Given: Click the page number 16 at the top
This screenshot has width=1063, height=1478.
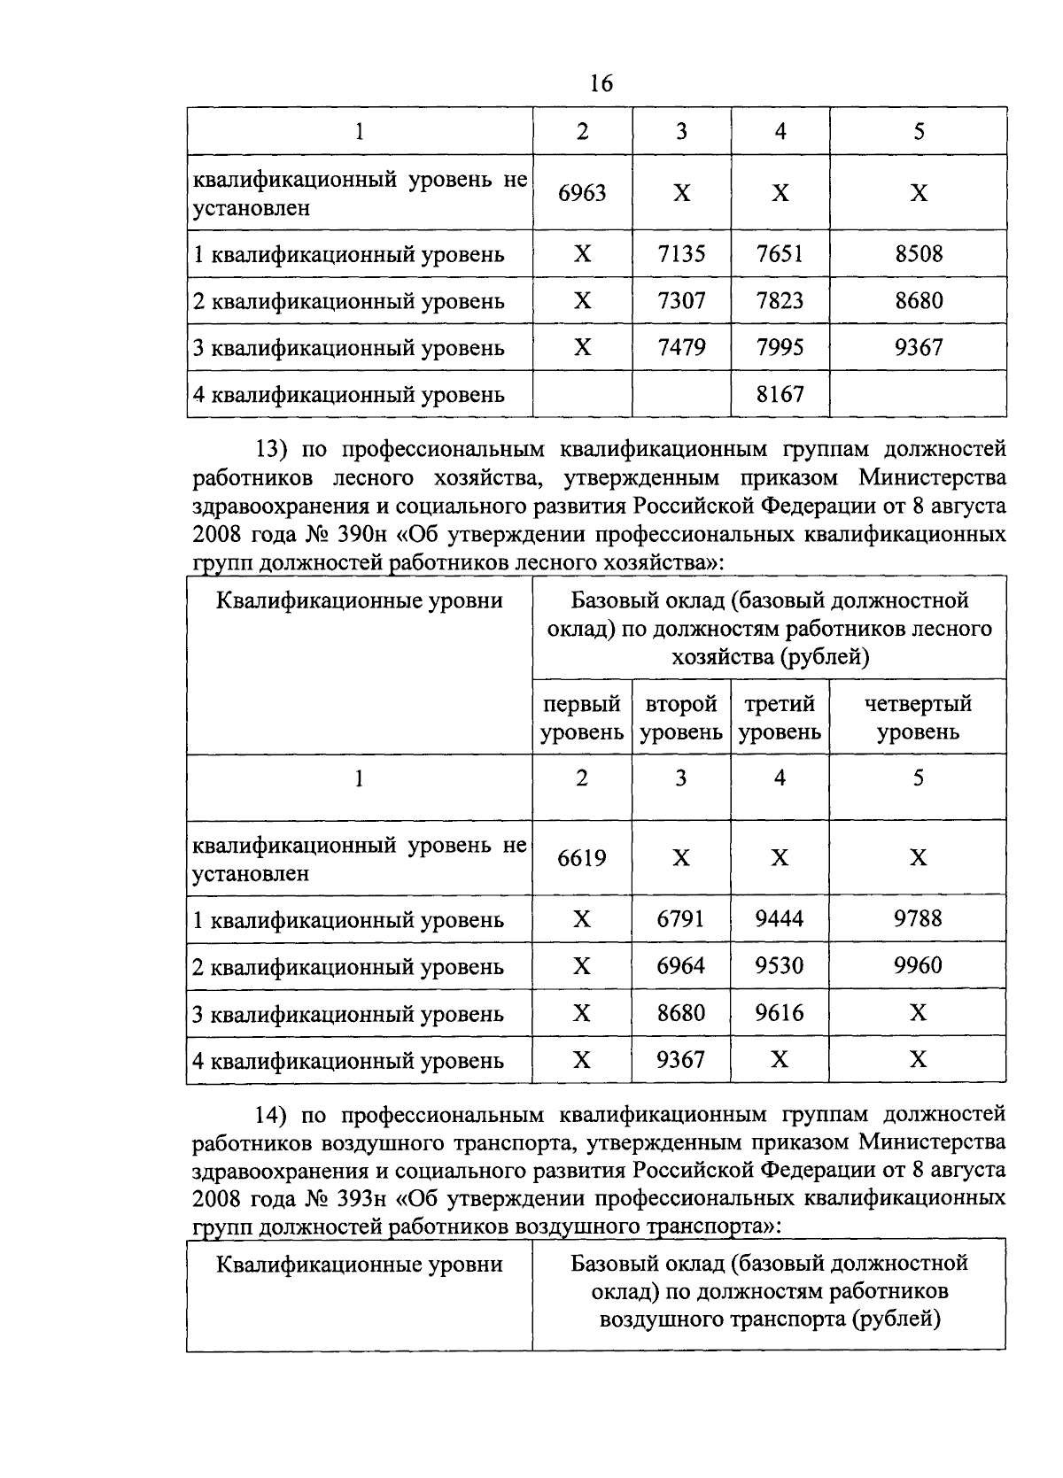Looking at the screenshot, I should coord(601,84).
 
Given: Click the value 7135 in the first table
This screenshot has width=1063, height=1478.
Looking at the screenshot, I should coord(681,254).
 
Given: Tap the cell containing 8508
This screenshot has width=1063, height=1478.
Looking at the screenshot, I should coord(919,254).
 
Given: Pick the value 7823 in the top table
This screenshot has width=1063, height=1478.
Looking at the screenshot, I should coord(780,301).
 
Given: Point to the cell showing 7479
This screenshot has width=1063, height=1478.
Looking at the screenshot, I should coord(681,347).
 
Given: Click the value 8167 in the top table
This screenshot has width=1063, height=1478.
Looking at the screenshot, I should coord(780,394).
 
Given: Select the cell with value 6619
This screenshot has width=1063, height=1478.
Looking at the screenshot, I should coord(582,858).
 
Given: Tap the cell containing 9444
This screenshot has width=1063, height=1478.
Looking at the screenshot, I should coord(780,919).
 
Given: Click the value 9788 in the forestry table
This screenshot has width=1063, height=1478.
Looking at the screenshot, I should coord(919,919).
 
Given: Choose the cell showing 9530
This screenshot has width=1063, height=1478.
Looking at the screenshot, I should coord(780,965).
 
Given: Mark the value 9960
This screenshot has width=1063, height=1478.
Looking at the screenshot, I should coord(919,965).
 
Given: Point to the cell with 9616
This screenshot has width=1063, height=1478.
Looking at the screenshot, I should coord(780,1012).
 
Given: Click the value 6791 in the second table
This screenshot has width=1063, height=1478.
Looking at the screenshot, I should coord(681,919).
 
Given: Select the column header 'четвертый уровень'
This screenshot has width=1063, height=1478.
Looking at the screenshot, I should coord(918,718).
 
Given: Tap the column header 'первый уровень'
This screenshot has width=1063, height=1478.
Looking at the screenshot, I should coord(582,718).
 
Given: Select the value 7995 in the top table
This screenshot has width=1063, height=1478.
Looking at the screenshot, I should coord(780,347).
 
